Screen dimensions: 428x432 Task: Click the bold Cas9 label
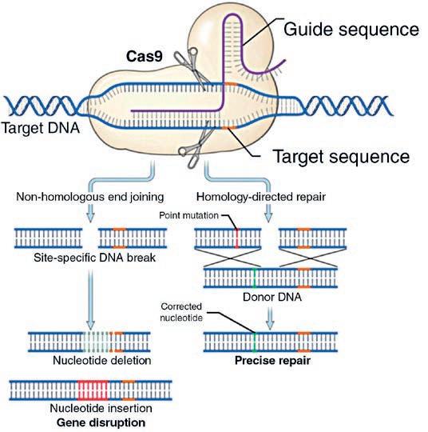point(145,57)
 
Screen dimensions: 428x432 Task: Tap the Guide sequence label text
point(351,30)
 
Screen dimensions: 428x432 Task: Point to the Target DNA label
point(41,128)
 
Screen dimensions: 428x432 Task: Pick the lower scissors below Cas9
point(196,147)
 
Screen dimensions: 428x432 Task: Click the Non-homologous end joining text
point(90,197)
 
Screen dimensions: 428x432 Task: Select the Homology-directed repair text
point(261,197)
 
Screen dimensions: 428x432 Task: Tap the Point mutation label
point(188,215)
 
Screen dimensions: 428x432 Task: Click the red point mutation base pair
point(237,238)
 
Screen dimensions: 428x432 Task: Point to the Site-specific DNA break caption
point(94,258)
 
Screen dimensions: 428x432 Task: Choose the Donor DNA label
point(272,297)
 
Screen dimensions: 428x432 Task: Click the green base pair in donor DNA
point(255,278)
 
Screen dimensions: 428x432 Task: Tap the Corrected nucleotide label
point(181,312)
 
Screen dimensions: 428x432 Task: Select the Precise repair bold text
point(272,360)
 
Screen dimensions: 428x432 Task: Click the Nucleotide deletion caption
point(101,360)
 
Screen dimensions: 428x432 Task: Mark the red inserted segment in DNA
point(93,390)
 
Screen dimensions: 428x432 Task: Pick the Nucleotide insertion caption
point(101,408)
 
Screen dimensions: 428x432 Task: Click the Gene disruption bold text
point(101,422)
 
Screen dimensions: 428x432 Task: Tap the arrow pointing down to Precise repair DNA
point(270,318)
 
